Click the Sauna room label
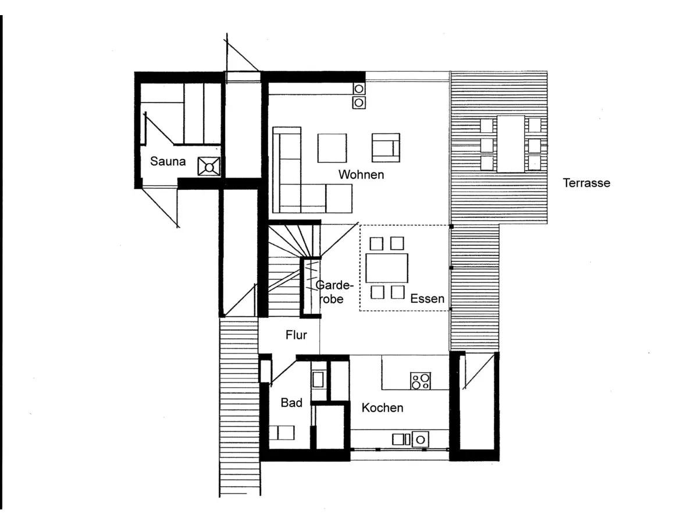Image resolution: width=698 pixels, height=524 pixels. (168, 161)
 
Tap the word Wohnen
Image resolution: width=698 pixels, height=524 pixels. (361, 175)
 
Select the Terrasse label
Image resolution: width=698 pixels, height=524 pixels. (586, 183)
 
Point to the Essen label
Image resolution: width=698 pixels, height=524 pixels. (427, 299)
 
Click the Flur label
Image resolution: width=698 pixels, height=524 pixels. (296, 335)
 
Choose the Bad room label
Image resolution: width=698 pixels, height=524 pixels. (291, 403)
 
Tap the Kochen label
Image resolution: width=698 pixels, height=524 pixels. (382, 408)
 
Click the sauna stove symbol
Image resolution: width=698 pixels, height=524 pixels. (209, 167)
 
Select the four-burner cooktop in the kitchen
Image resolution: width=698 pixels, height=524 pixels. (421, 381)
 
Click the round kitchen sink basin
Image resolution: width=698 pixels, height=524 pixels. (421, 440)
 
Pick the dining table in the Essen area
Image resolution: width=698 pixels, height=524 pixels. (387, 268)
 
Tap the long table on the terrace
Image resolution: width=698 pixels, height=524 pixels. (511, 144)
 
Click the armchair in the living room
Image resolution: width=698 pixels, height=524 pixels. (386, 148)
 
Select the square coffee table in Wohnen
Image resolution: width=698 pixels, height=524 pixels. (332, 148)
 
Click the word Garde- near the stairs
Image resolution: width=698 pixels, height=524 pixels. (334, 285)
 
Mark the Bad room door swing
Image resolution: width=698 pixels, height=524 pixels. (283, 373)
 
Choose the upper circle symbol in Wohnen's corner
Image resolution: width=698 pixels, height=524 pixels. (359, 88)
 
